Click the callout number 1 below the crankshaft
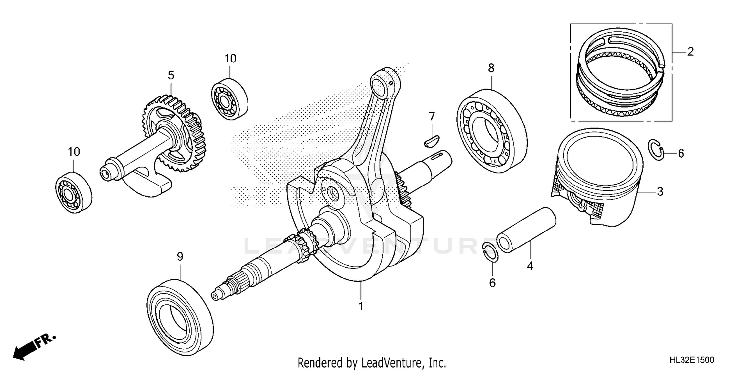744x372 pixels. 361,306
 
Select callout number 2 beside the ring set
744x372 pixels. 690,51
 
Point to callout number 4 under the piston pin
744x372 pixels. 530,266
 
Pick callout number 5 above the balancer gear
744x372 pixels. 171,75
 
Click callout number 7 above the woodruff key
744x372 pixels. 432,117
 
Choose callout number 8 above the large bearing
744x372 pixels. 491,68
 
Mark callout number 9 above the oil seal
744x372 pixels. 180,256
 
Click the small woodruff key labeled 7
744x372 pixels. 432,139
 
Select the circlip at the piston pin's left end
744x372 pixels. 489,252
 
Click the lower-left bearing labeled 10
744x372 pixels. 73,192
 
